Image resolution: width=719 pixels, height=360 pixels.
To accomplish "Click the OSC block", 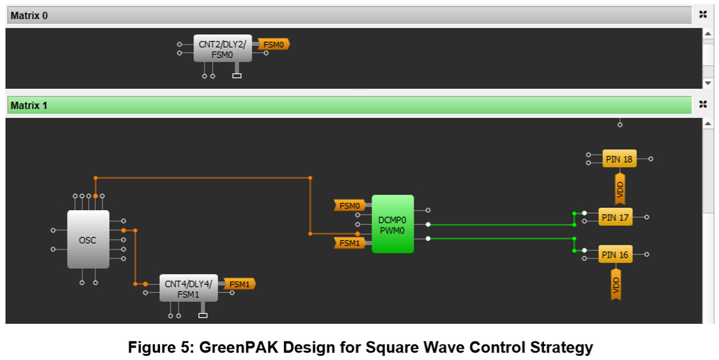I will (88, 239).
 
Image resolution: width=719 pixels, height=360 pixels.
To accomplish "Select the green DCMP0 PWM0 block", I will (393, 224).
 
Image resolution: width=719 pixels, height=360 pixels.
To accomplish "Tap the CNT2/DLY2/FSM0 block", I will (223, 48).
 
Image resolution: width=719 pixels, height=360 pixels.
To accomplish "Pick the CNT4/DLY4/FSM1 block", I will (188, 288).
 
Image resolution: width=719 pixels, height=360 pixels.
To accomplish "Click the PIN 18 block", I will (619, 159).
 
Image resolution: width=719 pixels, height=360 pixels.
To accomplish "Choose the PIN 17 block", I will (615, 217).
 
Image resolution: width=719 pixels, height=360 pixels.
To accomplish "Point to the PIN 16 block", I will (615, 255).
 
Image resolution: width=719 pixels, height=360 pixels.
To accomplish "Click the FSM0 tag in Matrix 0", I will (274, 44).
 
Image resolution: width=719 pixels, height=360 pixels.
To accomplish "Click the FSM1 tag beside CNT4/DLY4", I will (239, 284).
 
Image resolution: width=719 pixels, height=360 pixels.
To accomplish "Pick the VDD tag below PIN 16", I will (616, 283).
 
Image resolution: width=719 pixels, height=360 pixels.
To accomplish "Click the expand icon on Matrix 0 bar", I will (703, 15).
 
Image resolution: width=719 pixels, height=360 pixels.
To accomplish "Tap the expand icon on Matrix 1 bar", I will (703, 105).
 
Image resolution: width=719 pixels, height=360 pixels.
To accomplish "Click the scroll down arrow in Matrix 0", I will (707, 82).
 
